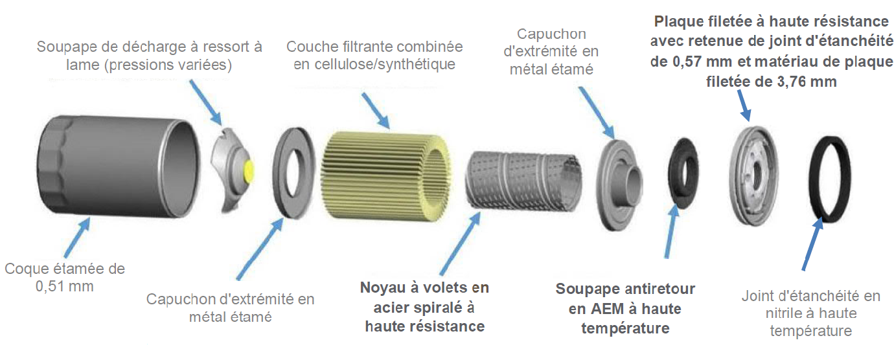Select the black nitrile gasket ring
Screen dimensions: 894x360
831,179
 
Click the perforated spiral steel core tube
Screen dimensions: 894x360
523,181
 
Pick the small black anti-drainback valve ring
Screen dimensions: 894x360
684,174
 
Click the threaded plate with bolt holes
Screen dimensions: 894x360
753,175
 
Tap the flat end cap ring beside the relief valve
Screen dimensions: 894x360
293,173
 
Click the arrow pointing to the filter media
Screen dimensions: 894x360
375,111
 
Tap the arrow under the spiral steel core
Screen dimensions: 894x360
460,243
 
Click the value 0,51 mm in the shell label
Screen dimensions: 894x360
65,287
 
